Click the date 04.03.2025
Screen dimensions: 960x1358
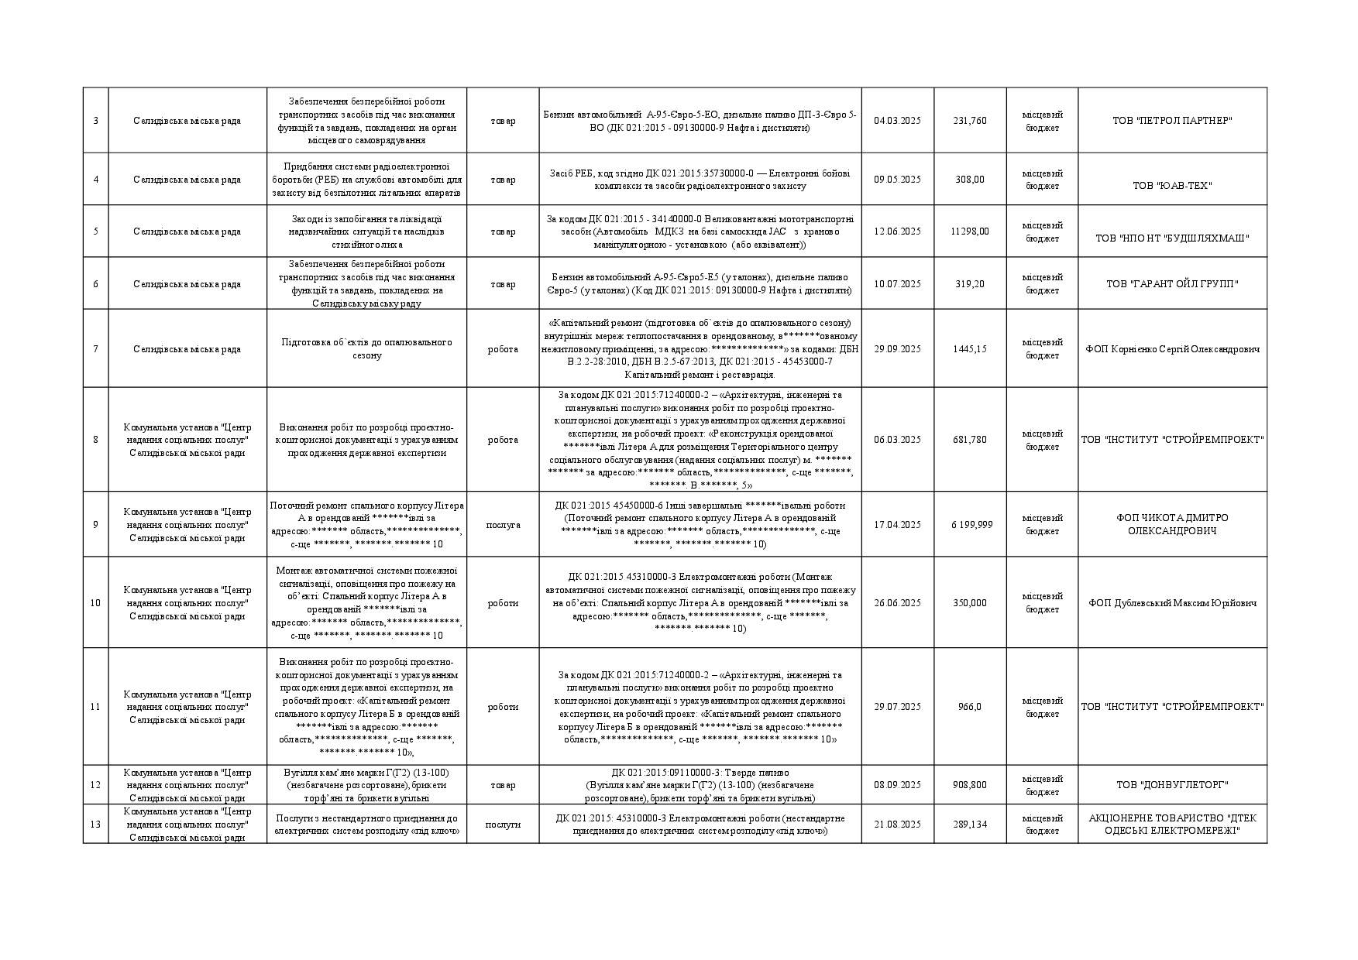(x=897, y=121)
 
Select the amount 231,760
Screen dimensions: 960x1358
(x=970, y=121)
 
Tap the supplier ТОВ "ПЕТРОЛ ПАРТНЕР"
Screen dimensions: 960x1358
(x=1172, y=121)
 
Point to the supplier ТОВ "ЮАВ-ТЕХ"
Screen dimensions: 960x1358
(x=1172, y=186)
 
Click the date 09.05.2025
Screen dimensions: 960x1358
(x=897, y=180)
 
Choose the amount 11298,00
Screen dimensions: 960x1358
(x=970, y=231)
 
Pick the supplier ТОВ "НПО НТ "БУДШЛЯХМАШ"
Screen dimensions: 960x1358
(x=1172, y=238)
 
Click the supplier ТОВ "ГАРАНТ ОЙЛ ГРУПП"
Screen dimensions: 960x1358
(x=1172, y=284)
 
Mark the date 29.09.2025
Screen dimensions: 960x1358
(x=897, y=349)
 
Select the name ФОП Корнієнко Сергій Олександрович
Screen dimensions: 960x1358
(x=1172, y=349)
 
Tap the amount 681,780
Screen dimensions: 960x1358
(x=970, y=440)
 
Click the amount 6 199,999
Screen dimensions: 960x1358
(x=971, y=525)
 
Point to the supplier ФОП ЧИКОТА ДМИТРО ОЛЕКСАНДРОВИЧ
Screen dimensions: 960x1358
(x=1172, y=525)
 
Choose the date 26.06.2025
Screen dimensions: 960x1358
(x=897, y=603)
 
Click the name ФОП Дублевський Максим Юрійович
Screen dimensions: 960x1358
(x=1172, y=603)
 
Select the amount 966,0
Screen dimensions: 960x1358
(x=970, y=707)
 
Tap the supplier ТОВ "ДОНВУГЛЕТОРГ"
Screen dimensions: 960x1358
(x=1172, y=785)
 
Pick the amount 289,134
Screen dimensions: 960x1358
(x=970, y=825)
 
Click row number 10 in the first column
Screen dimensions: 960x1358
(x=95, y=603)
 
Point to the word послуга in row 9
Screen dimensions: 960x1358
(x=503, y=525)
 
